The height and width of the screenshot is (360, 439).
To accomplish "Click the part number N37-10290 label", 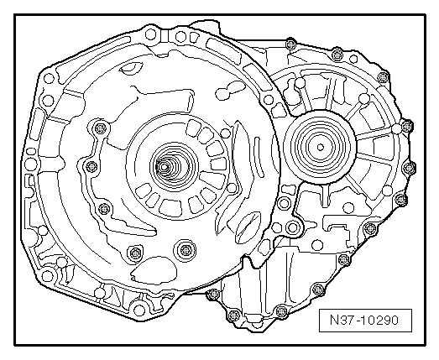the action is point(365,321).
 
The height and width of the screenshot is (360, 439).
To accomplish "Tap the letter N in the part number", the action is point(335,320).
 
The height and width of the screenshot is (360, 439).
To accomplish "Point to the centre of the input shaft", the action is point(164,167).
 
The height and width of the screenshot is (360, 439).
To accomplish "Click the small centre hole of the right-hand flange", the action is point(321,147).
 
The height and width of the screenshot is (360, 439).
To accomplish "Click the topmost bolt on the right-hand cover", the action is point(290,44).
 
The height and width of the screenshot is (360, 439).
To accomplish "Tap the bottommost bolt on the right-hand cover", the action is point(233,316).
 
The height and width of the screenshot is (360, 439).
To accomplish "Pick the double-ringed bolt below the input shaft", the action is point(185,249).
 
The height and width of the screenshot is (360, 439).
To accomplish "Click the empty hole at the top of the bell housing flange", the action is point(151,34).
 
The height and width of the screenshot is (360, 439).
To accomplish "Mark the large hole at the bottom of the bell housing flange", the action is point(139,310).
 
